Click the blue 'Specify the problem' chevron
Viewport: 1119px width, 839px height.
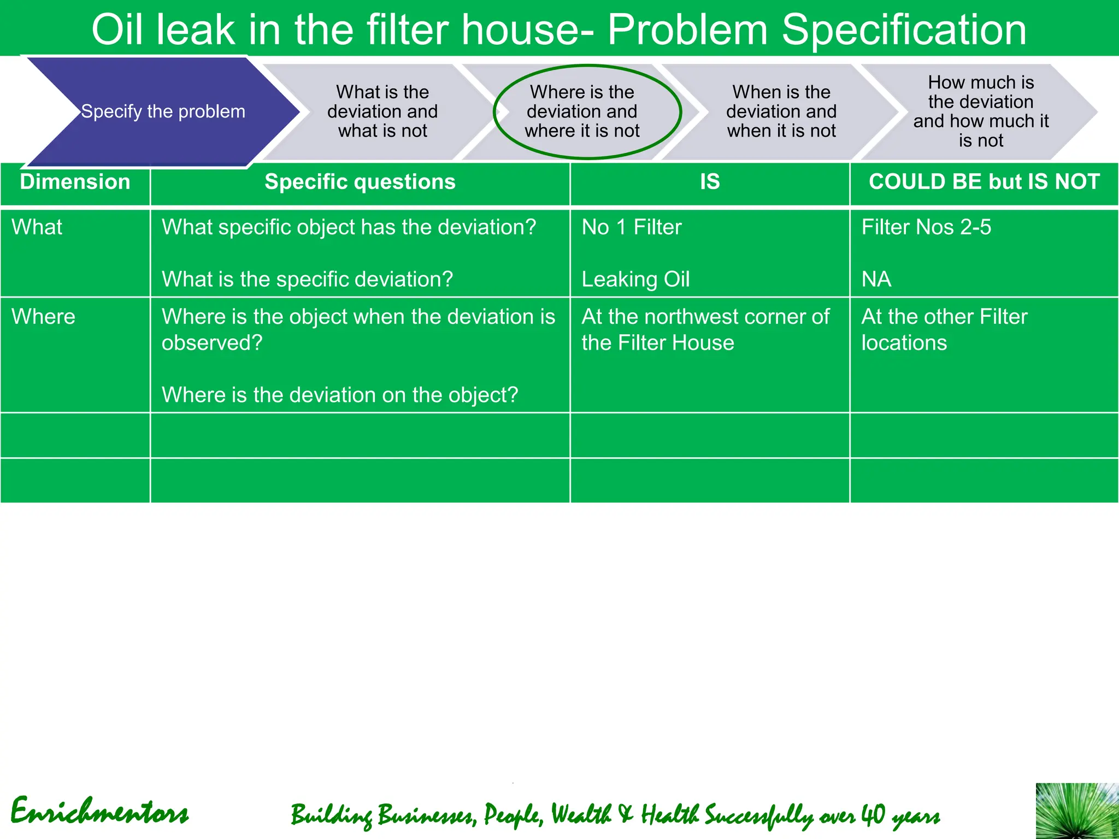tap(163, 111)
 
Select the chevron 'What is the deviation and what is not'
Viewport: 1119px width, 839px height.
tap(382, 111)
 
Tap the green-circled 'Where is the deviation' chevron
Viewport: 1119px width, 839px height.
tap(582, 111)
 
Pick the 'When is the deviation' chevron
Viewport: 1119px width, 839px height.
tap(781, 111)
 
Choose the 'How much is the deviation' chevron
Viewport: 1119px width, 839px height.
tap(981, 111)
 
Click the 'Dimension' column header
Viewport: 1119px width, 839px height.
tap(75, 182)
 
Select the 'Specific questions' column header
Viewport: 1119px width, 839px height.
tap(360, 182)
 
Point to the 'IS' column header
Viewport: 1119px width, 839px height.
tap(710, 182)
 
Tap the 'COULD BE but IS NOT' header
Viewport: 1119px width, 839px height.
tap(984, 182)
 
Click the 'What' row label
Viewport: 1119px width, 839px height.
tap(37, 227)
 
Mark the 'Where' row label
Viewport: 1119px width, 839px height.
tap(43, 317)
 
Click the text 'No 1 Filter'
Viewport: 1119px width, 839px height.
tap(632, 227)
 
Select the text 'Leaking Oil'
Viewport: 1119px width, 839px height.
tap(635, 279)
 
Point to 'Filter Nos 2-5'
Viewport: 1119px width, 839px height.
tap(926, 227)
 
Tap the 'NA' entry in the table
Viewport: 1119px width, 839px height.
tap(876, 279)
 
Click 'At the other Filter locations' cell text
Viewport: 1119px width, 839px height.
tap(944, 329)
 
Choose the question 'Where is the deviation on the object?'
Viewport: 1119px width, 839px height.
tap(340, 395)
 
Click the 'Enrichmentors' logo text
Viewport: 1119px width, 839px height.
tap(99, 812)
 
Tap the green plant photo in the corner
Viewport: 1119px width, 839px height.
tap(1077, 811)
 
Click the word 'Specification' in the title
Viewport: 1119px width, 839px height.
tap(904, 29)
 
